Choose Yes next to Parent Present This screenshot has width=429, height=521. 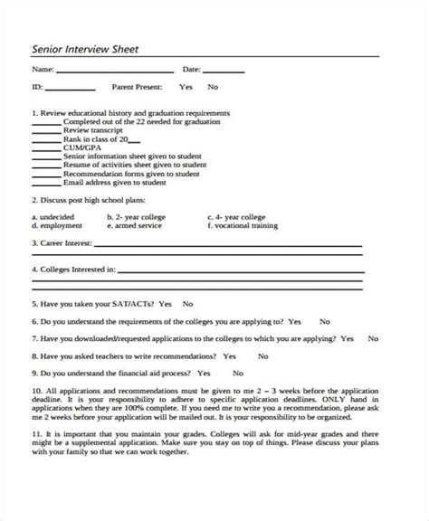pyautogui.click(x=186, y=88)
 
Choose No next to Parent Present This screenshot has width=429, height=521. pyautogui.click(x=213, y=88)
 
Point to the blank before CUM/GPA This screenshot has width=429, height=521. pyautogui.click(x=46, y=148)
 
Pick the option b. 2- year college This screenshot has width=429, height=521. pyautogui.click(x=138, y=217)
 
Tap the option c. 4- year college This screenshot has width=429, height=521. pyautogui.click(x=238, y=217)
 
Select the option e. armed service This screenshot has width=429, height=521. pyautogui.click(x=137, y=226)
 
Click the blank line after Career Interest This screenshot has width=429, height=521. pyautogui.click(x=226, y=245)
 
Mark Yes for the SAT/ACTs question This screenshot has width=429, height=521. pyautogui.click(x=164, y=305)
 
